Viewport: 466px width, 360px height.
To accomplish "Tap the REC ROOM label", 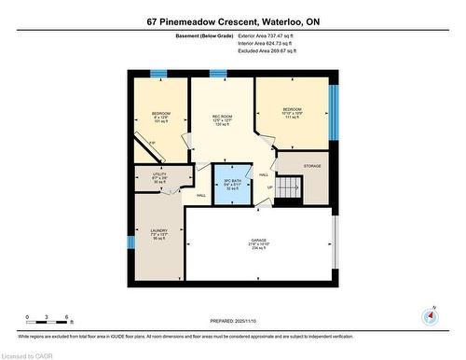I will [x=221, y=118].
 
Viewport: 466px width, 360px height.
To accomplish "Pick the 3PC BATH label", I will [x=230, y=183].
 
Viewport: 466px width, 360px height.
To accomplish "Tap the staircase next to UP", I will [x=292, y=187].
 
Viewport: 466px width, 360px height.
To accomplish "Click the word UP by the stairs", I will [x=271, y=186].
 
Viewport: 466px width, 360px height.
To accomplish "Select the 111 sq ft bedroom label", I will [x=292, y=112].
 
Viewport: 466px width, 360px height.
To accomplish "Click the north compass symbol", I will [x=429, y=315].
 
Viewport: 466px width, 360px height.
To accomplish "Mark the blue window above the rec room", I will [x=218, y=73].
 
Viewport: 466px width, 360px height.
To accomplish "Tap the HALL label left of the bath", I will [x=200, y=195].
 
